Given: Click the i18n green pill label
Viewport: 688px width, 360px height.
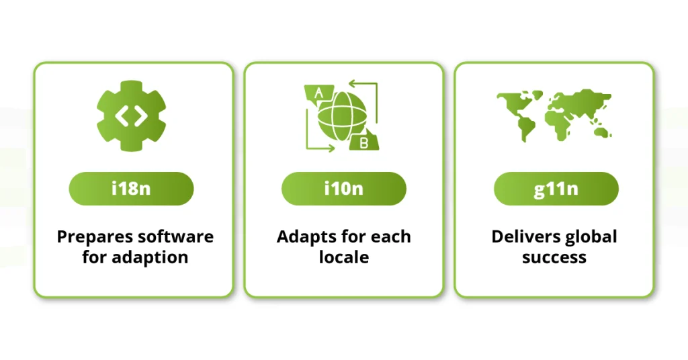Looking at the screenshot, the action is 131,189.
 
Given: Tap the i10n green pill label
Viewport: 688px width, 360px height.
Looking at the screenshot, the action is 343,189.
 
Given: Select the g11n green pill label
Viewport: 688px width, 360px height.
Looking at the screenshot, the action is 556,189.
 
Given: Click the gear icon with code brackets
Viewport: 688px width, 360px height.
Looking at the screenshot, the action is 131,116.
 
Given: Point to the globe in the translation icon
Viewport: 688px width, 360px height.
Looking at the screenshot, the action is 342,116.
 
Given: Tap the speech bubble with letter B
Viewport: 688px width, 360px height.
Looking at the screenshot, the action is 363,141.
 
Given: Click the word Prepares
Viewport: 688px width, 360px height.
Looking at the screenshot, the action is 95,237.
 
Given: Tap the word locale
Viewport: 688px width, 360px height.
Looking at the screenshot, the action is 343,257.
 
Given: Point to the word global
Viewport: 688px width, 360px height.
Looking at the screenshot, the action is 591,237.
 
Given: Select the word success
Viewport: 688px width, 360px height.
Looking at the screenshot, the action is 554,257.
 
